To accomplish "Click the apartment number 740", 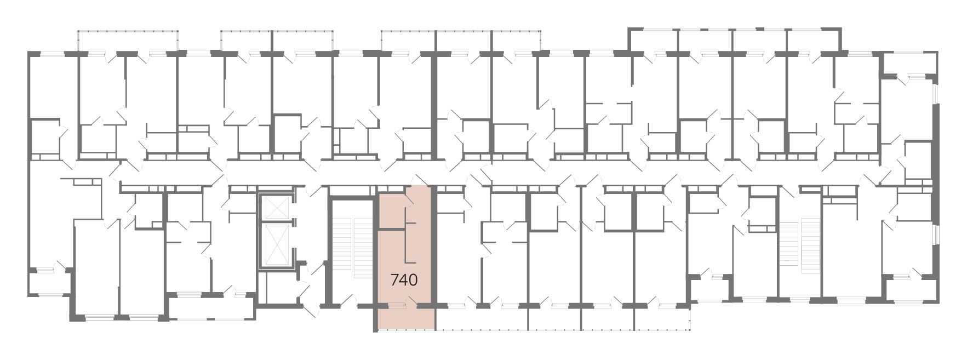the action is point(404,280).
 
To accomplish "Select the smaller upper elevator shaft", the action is point(275,205).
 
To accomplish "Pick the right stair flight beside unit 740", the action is point(363,248).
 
